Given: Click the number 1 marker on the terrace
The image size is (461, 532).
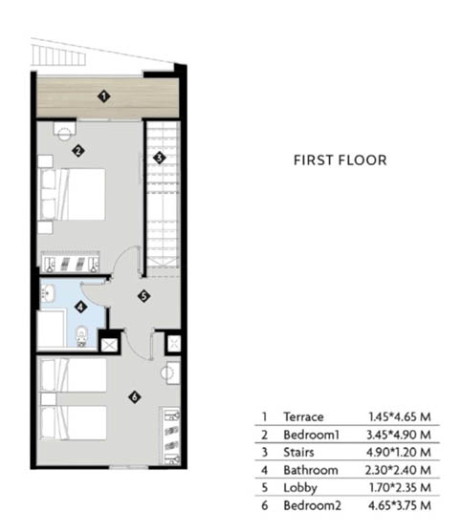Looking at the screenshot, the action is click(x=104, y=96).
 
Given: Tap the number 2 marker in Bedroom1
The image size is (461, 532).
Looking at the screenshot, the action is click(x=78, y=151).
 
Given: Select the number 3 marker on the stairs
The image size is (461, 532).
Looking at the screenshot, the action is click(x=160, y=158).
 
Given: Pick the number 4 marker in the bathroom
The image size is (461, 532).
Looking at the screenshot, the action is click(x=80, y=308).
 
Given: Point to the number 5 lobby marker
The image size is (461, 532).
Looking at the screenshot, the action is click(x=144, y=296).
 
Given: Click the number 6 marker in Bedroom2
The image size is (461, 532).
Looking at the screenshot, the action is click(x=135, y=396).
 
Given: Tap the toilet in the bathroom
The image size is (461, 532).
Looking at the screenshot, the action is click(x=81, y=336).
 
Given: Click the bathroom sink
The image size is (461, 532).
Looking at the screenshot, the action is click(x=48, y=293).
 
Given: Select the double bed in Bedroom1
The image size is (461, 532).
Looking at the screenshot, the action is click(x=73, y=194).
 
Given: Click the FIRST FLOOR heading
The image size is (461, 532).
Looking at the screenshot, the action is click(x=340, y=160).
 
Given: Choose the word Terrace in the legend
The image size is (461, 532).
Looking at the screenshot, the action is click(x=303, y=416).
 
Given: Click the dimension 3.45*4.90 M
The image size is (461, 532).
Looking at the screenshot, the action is click(x=399, y=435).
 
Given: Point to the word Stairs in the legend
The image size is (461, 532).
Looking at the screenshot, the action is click(x=298, y=453).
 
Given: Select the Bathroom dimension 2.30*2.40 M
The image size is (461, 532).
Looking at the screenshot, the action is click(x=398, y=470).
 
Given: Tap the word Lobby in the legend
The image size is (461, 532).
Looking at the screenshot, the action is click(x=300, y=488).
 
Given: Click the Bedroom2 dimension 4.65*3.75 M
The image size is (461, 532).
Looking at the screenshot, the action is click(x=400, y=505).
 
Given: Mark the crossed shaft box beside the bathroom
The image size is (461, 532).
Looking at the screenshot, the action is click(x=109, y=346).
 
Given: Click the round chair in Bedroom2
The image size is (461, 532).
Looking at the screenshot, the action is click(x=167, y=372).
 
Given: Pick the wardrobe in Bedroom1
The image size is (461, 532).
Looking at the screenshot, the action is click(x=71, y=262).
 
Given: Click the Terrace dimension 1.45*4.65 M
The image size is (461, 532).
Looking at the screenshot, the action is click(x=400, y=416).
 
